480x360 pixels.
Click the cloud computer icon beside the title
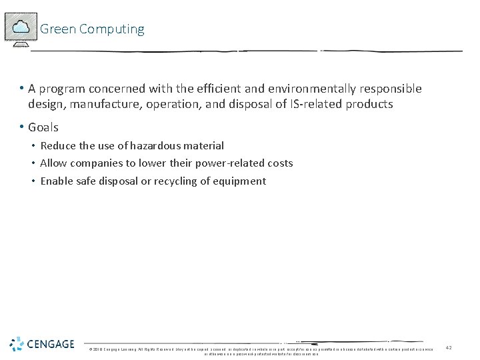(21, 29)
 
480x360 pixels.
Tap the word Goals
(43, 127)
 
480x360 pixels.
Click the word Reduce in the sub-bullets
(58, 146)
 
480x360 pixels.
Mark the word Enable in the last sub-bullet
(57, 181)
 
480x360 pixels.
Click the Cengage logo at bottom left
(41, 344)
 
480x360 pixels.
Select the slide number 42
(449, 348)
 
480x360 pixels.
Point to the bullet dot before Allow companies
(33, 163)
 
